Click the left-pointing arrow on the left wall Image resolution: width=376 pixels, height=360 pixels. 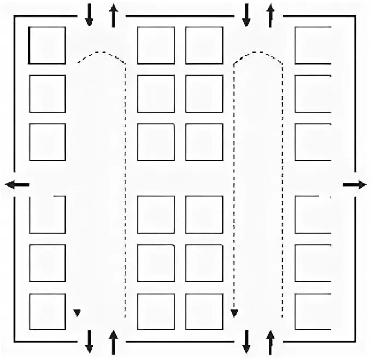[17, 185]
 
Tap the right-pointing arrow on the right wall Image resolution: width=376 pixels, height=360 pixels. [355, 185]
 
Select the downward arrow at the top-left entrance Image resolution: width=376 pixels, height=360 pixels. [89, 15]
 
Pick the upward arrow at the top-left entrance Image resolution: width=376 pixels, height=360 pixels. [114, 15]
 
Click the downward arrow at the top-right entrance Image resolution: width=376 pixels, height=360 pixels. [246, 15]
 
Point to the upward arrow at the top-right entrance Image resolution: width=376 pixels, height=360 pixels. [270, 15]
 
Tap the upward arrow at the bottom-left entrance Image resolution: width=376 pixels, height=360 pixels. [114, 341]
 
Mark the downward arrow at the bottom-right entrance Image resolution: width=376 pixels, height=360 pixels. [246, 341]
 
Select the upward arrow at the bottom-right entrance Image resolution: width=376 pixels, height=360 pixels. [270, 341]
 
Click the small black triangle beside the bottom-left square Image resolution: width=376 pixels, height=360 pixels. [77, 312]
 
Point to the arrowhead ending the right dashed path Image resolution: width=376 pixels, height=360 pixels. [234, 313]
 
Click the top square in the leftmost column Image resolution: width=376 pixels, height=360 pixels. [47, 45]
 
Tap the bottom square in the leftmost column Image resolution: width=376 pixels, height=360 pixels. [47, 312]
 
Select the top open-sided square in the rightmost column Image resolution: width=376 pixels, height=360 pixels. [313, 45]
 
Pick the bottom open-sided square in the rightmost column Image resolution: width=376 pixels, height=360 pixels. [313, 312]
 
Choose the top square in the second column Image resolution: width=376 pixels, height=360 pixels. [156, 45]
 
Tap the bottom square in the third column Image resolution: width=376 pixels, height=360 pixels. [204, 312]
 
